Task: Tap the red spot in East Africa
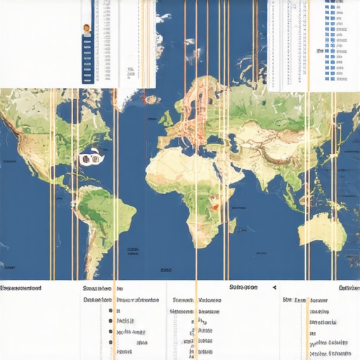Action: click(215, 207)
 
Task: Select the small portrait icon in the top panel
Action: click(86, 30)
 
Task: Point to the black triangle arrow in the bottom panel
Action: click(274, 288)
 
